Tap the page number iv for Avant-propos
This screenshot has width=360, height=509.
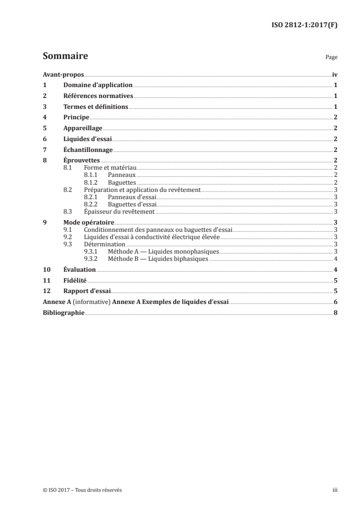coord(335,75)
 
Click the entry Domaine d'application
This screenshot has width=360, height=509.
coord(98,85)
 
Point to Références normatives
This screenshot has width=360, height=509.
coord(98,96)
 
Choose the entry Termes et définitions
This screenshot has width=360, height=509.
coord(96,107)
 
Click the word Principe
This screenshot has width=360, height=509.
coord(76,117)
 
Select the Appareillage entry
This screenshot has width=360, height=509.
coord(83,128)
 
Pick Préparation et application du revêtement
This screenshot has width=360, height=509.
coord(142,190)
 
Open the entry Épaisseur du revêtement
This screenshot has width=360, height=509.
coord(119,211)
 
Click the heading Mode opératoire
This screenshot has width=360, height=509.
coord(89,222)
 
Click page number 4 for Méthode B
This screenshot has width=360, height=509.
coord(335,259)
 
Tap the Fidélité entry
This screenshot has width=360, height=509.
coord(75,280)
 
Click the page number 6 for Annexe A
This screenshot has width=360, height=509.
coord(335,302)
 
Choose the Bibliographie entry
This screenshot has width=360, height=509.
coord(63,313)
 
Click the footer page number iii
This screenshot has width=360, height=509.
coord(335,490)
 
